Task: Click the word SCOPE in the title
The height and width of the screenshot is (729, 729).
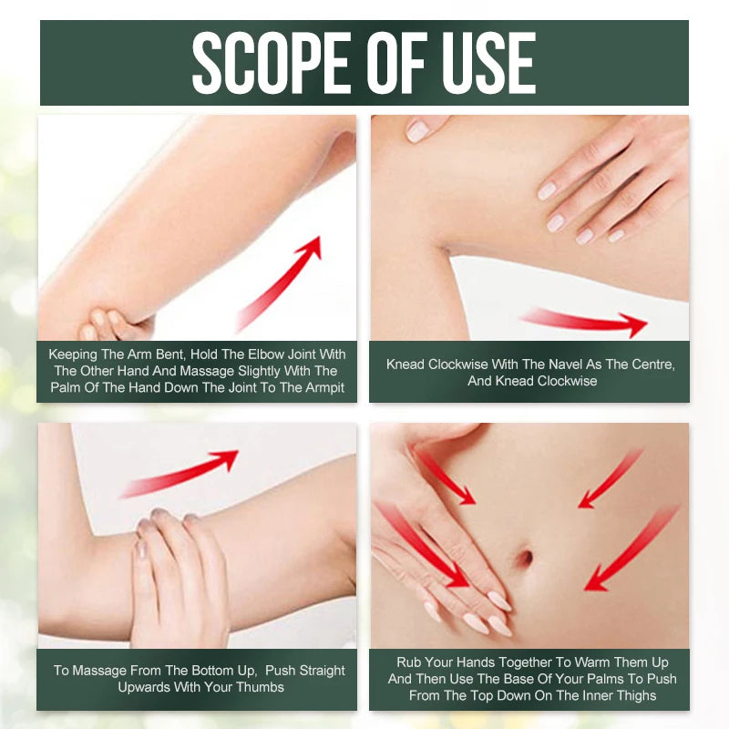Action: (x=270, y=63)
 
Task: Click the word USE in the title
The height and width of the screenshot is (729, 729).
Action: (x=488, y=63)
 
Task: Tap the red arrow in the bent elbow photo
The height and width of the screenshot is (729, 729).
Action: (x=279, y=283)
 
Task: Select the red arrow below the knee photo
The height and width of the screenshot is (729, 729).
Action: (x=583, y=322)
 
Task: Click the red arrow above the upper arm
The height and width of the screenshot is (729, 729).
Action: (x=179, y=473)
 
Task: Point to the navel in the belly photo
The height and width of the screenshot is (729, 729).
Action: (x=525, y=556)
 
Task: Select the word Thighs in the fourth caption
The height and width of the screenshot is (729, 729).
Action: (x=633, y=695)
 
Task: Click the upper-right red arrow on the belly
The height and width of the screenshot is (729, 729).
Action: (x=611, y=477)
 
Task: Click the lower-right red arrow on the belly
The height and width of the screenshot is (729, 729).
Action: (x=631, y=549)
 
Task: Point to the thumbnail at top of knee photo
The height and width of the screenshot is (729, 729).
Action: (x=416, y=131)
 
